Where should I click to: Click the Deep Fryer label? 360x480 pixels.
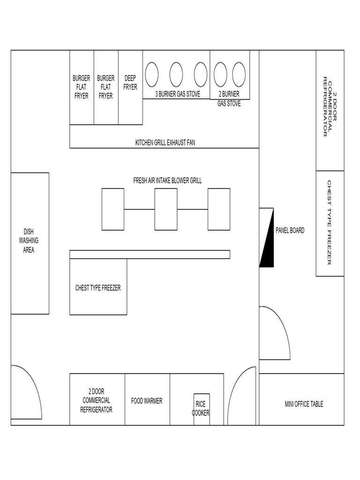tap(130, 82)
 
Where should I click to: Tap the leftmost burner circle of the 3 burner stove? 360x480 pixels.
tap(151, 75)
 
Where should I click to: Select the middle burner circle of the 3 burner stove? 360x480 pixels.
tap(176, 75)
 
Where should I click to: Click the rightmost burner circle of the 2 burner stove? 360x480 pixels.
tap(239, 75)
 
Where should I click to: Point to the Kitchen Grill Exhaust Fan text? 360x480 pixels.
tap(165, 142)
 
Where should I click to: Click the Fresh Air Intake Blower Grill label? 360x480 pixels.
tap(167, 180)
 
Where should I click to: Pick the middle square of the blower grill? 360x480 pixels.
tap(166, 210)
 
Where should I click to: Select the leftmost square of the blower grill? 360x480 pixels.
tap(113, 210)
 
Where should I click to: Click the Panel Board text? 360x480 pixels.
tap(290, 231)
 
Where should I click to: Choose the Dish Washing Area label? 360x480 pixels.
tap(29, 240)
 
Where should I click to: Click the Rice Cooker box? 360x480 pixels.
tap(202, 409)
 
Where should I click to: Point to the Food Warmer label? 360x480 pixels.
tap(147, 401)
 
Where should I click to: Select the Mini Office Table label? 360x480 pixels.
tap(304, 404)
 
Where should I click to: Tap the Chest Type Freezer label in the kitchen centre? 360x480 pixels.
tap(98, 288)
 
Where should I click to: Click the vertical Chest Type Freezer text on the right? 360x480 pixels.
tap(329, 223)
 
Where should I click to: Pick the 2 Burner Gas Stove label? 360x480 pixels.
tap(229, 98)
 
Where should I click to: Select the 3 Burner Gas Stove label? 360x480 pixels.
tap(178, 94)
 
